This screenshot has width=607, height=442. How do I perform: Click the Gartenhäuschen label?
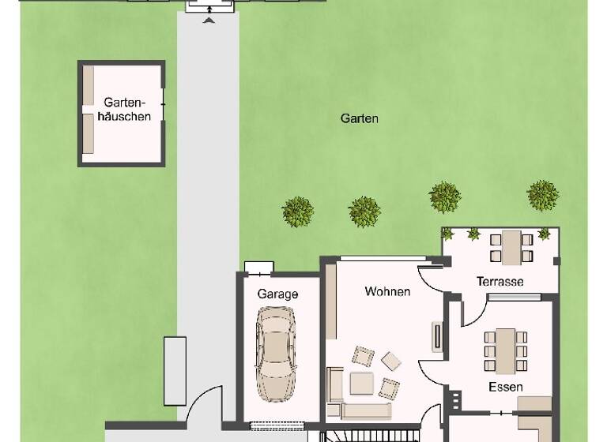[x=122, y=109]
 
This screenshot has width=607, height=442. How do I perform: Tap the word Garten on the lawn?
[x=360, y=118]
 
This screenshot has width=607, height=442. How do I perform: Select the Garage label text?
[x=277, y=294]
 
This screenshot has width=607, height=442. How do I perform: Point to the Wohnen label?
[x=387, y=291]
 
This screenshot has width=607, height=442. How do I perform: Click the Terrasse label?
[x=500, y=282]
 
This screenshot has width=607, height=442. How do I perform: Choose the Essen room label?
[x=505, y=387]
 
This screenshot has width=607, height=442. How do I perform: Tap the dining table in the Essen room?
[x=505, y=349]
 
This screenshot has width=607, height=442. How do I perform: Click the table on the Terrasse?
[x=511, y=245]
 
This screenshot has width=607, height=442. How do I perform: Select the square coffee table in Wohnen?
[x=363, y=383]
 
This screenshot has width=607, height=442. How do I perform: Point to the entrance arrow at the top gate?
[x=209, y=20]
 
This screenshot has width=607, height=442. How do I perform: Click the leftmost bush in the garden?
[x=298, y=211]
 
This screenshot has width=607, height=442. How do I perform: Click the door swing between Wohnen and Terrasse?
[x=431, y=276]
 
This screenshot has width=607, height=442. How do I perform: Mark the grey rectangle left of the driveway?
[x=174, y=369]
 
